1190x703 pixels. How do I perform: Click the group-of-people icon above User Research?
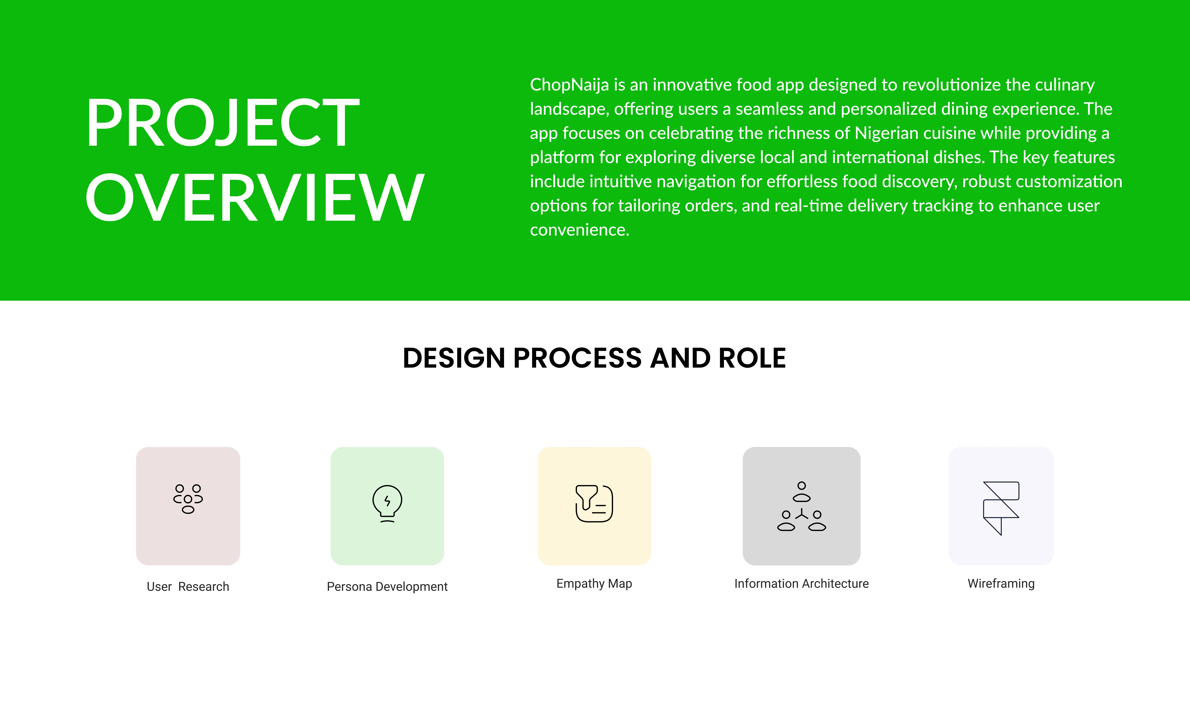click(x=188, y=499)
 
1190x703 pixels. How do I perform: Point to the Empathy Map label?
click(x=594, y=584)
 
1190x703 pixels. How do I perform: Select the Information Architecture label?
click(x=802, y=584)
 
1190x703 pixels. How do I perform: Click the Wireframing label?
click(x=1001, y=584)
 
